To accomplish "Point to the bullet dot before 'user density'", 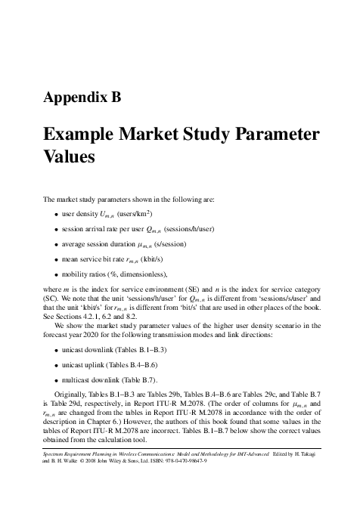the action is point(57,215).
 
